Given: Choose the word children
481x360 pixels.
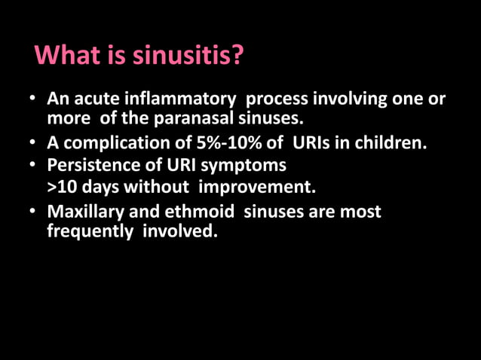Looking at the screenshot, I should [x=395, y=141].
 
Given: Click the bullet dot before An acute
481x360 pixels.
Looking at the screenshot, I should [x=32, y=100].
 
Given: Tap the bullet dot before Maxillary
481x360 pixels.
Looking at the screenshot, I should [x=32, y=213].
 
